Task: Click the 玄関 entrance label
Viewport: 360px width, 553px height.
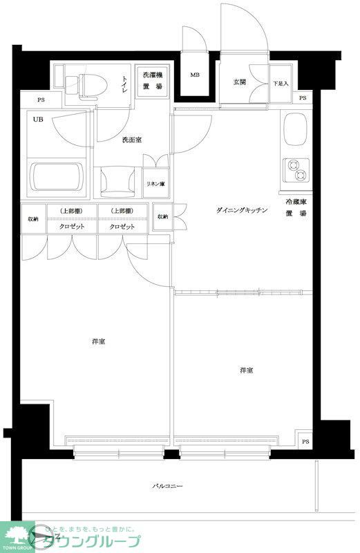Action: point(239,82)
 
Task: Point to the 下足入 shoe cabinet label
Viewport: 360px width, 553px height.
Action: point(280,84)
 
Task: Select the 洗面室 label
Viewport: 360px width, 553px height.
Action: point(131,140)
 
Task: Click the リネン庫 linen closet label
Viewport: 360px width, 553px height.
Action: point(155,183)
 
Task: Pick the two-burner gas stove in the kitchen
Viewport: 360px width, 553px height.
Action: point(296,169)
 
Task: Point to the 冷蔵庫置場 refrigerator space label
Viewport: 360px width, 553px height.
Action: point(296,207)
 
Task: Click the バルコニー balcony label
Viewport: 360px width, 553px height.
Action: point(167,487)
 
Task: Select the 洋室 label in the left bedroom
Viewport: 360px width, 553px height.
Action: point(97,341)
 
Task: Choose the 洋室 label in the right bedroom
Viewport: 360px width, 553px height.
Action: point(246,371)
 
